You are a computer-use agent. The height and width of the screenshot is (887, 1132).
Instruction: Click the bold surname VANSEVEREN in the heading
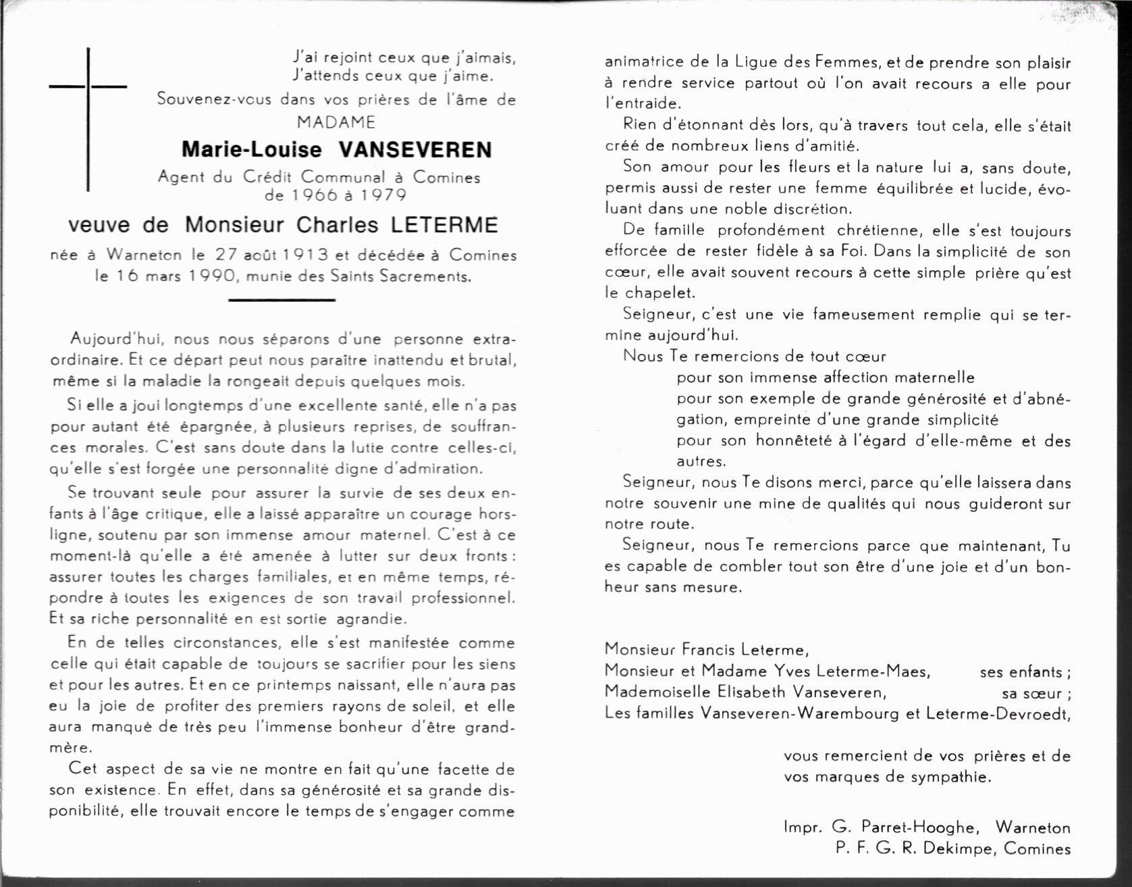point(414,149)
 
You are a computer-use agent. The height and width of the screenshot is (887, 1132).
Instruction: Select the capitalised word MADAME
point(336,122)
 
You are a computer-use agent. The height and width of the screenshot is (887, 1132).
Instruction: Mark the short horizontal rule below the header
point(281,299)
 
